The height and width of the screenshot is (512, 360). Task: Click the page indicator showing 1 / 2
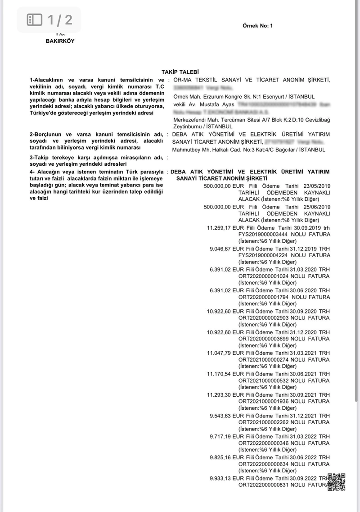[49, 20]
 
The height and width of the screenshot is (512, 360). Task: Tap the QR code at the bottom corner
[336, 482]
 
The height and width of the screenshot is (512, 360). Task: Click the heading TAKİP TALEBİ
[180, 72]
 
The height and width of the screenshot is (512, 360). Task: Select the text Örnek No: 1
[258, 26]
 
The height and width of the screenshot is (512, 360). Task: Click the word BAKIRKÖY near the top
[60, 41]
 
